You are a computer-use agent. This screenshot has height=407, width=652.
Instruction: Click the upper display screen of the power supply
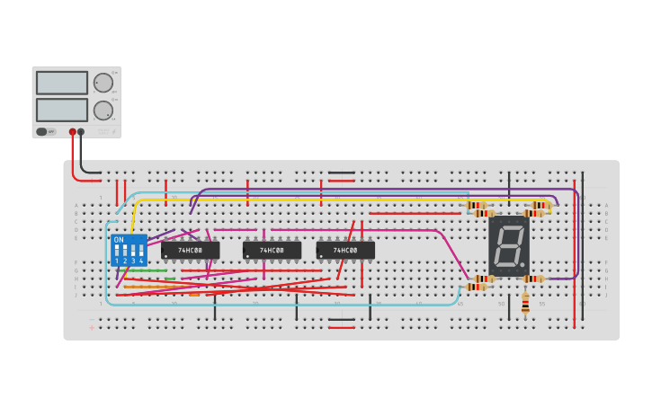pyautogui.click(x=61, y=83)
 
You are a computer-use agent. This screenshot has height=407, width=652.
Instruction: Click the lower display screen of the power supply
pyautogui.click(x=61, y=110)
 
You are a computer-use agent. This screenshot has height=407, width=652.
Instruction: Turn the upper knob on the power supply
pyautogui.click(x=103, y=83)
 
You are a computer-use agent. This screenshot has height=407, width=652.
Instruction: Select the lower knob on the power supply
pyautogui.click(x=103, y=111)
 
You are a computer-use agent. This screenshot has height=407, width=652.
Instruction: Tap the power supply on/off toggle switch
pyautogui.click(x=41, y=131)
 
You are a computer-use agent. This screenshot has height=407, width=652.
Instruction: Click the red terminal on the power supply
pyautogui.click(x=72, y=132)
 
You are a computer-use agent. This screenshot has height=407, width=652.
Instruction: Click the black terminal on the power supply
pyautogui.click(x=81, y=132)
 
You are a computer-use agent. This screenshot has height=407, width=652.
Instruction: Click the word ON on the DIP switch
pyautogui.click(x=119, y=240)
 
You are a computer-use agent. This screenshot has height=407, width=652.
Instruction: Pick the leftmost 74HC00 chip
pyautogui.click(x=190, y=250)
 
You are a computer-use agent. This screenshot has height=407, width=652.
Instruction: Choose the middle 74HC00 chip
pyautogui.click(x=272, y=250)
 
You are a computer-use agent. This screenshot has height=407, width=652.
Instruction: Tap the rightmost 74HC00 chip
pyautogui.click(x=345, y=250)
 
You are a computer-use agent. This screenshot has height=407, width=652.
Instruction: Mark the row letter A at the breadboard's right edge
pyautogui.click(x=606, y=206)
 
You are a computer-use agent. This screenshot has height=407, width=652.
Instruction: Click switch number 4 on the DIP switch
pyautogui.click(x=141, y=251)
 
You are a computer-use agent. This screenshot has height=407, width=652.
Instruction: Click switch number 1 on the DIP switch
pyautogui.click(x=117, y=251)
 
